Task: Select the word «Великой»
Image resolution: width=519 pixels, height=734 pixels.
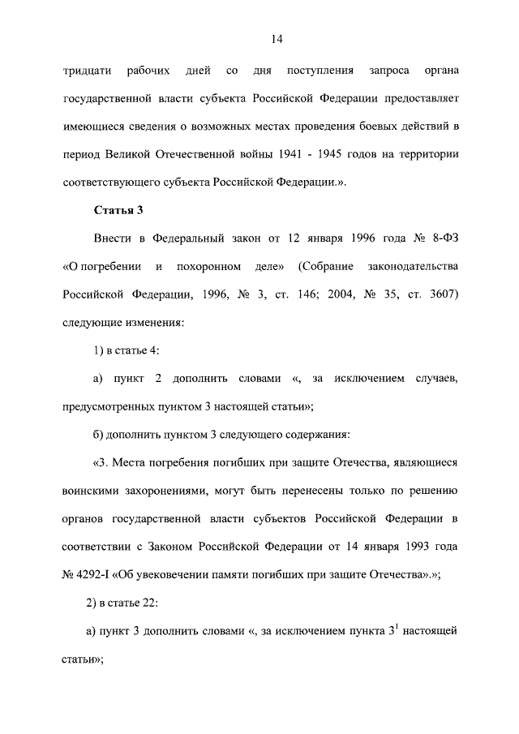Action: pos(147,154)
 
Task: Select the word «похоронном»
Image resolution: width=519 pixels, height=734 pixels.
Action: pos(216,266)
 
